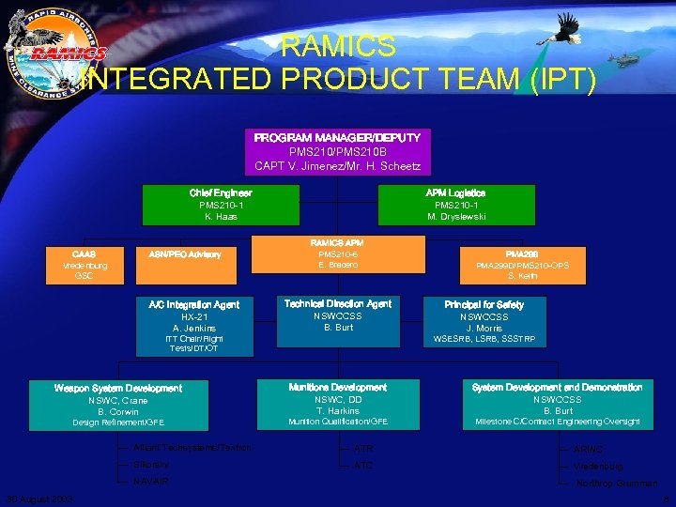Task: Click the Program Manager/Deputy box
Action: pyautogui.click(x=337, y=152)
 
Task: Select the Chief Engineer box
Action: pyautogui.click(x=221, y=205)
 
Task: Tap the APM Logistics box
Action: pyautogui.click(x=455, y=205)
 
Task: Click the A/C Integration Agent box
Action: pyautogui.click(x=194, y=326)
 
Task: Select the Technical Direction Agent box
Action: pyautogui.click(x=338, y=316)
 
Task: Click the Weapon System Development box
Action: pyautogui.click(x=118, y=405)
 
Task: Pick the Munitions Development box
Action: pyautogui.click(x=338, y=405)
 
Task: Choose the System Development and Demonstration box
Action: pyautogui.click(x=557, y=405)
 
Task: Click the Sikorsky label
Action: pyautogui.click(x=151, y=465)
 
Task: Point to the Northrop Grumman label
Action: pyautogui.click(x=617, y=484)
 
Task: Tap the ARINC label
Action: pyautogui.click(x=589, y=450)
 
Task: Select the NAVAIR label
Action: pyautogui.click(x=151, y=482)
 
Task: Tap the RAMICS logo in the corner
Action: pyautogui.click(x=54, y=54)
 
